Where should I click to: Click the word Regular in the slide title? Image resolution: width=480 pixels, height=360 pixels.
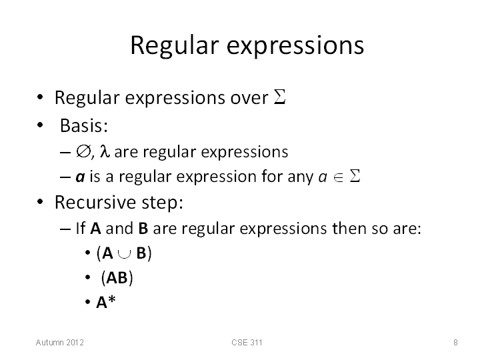[x=175, y=46]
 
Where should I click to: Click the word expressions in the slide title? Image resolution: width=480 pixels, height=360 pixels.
[x=295, y=47]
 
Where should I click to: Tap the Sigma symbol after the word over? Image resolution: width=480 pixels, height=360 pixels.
[x=279, y=97]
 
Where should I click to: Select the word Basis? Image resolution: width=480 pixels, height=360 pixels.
[x=83, y=125]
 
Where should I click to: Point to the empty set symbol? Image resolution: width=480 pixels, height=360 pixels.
[x=83, y=151]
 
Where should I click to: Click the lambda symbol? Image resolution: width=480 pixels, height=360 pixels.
[x=105, y=151]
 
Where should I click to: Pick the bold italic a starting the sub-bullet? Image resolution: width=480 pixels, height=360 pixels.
[x=80, y=177]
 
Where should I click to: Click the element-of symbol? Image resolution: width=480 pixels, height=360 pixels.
[x=338, y=177]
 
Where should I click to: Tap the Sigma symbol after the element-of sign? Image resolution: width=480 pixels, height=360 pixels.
[x=355, y=176]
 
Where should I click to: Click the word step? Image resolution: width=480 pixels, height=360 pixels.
[x=162, y=203]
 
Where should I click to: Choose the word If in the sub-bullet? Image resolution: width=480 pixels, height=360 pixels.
[x=81, y=228]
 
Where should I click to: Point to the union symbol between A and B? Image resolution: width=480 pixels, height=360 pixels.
[x=124, y=254]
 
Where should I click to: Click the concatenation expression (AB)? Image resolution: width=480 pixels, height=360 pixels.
[x=117, y=277]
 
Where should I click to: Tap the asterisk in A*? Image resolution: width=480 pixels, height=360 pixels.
[x=112, y=299]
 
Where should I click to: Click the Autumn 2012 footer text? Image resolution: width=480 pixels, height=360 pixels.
[x=60, y=342]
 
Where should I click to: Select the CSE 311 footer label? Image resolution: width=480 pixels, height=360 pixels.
[x=247, y=342]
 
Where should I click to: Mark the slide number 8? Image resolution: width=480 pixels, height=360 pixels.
[x=455, y=342]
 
